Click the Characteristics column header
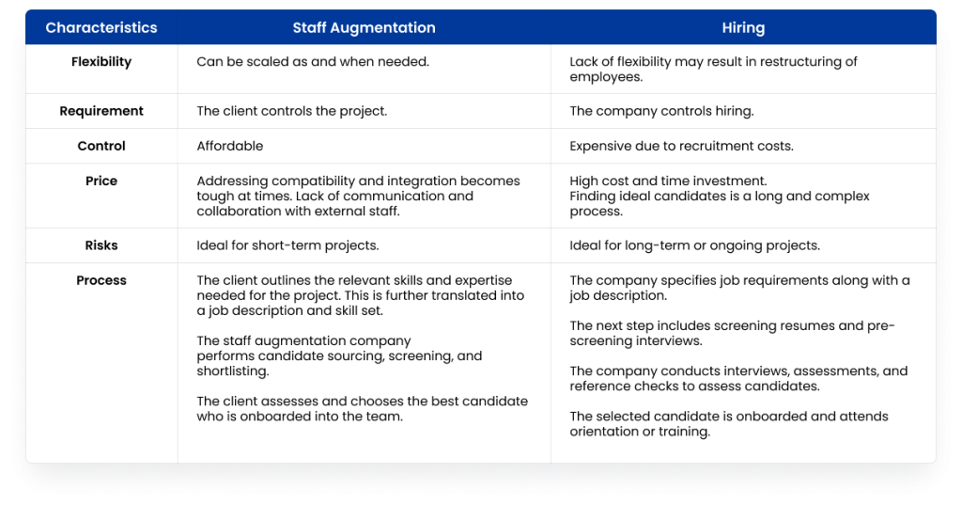point(101,27)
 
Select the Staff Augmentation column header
point(364,27)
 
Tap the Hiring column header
point(743,27)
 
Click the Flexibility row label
point(101,61)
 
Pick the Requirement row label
point(101,111)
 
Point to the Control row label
point(101,146)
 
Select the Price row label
point(101,181)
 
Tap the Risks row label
point(101,245)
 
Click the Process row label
point(101,280)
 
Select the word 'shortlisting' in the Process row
point(233,371)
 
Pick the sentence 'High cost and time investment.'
point(668,181)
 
